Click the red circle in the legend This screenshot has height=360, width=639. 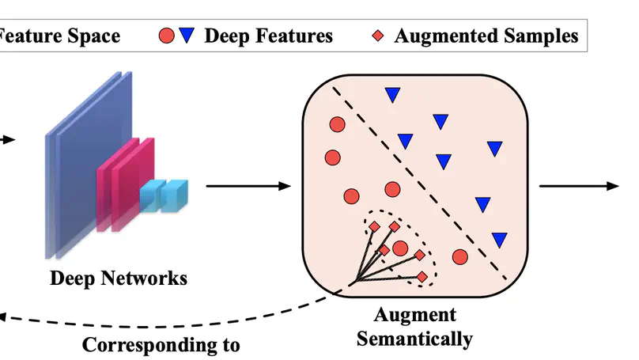click(166, 36)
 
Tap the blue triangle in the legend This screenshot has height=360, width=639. click(186, 36)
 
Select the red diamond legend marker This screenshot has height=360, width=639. click(378, 36)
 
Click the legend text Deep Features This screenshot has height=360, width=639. click(268, 36)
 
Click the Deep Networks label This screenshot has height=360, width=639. click(119, 279)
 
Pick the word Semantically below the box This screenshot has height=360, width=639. click(414, 339)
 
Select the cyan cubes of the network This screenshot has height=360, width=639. click(165, 195)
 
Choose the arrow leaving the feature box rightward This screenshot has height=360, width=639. click(578, 186)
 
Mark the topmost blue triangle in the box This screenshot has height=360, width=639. click(391, 95)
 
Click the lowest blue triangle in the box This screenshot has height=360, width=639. click(499, 239)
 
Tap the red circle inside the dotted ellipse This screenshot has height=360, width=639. click(400, 248)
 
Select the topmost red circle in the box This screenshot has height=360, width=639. click(337, 125)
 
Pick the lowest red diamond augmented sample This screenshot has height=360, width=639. click(422, 276)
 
